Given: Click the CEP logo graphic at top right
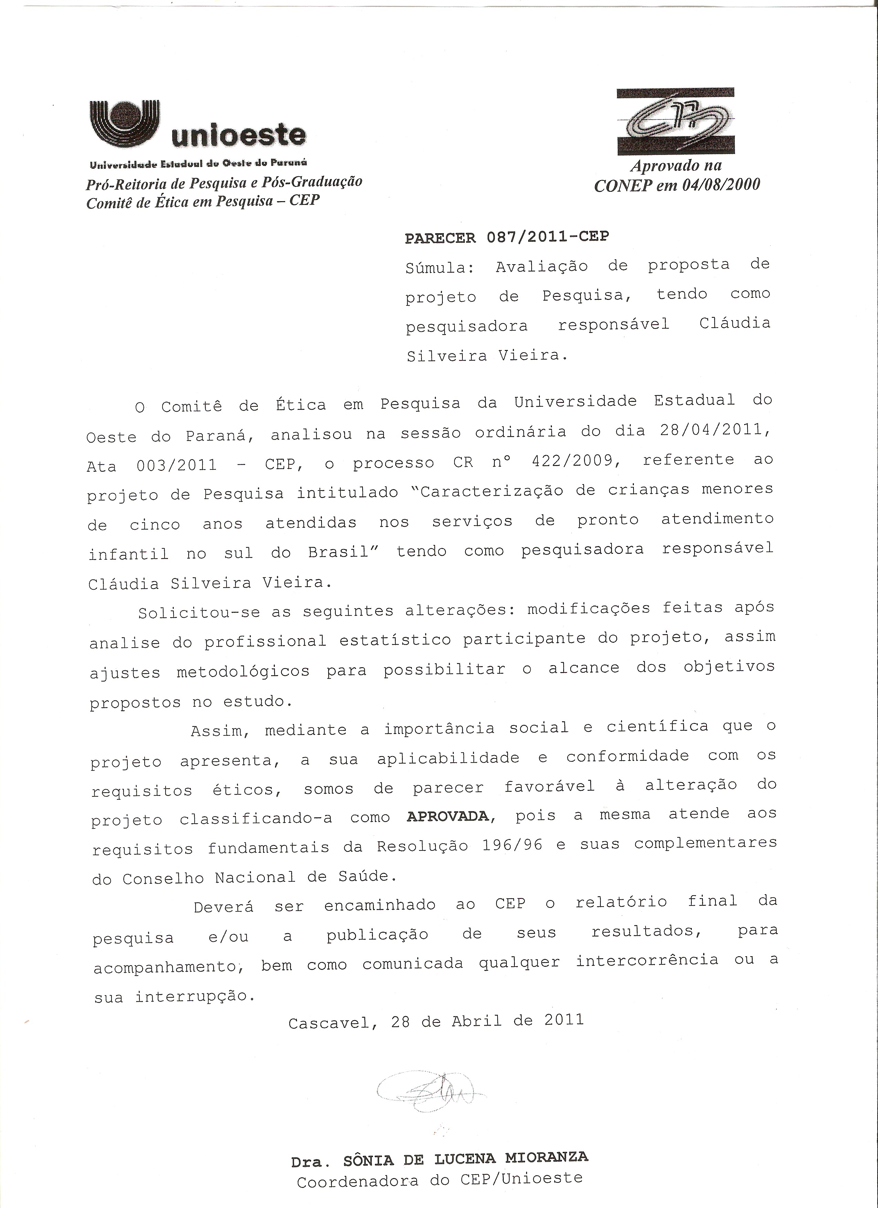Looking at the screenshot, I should pos(676,122).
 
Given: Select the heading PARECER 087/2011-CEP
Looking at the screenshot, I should pos(506,237).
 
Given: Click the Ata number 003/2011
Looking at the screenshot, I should pos(176,465).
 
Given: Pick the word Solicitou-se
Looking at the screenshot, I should pos(199,612).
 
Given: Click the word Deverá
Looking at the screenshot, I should pos(223,906).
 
